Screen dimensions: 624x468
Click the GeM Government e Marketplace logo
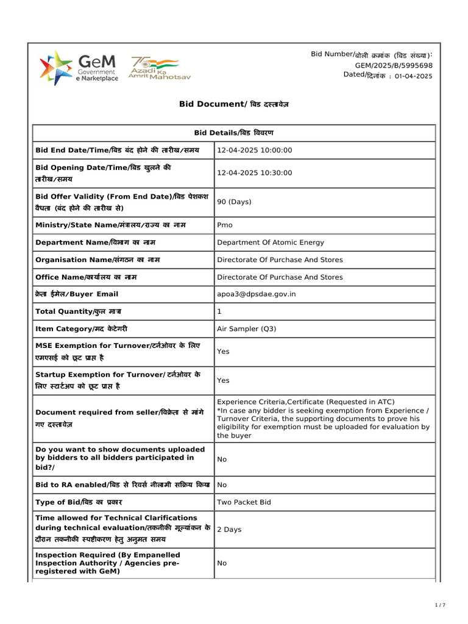[x=78, y=68]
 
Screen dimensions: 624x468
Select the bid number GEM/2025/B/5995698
[x=394, y=65]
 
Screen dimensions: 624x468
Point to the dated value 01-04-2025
[x=413, y=76]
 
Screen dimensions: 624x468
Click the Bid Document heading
[x=234, y=104]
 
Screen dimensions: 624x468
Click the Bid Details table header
[x=234, y=133]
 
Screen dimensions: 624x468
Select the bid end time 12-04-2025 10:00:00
[x=255, y=151]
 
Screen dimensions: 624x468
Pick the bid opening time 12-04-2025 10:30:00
[x=255, y=173]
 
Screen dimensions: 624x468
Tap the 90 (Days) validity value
[x=234, y=202]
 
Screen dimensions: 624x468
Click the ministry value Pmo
[x=225, y=225]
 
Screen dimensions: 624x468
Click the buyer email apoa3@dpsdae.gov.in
[x=256, y=294]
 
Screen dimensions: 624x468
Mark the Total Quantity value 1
[x=219, y=311]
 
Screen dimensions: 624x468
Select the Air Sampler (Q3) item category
[x=246, y=329]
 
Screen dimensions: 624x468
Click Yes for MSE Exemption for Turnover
[x=223, y=352]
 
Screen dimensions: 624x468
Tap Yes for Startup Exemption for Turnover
[x=223, y=380]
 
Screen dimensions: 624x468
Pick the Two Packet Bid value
[x=244, y=503]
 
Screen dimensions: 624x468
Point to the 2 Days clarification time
[x=229, y=530]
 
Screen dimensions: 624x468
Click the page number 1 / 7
[x=440, y=605]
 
